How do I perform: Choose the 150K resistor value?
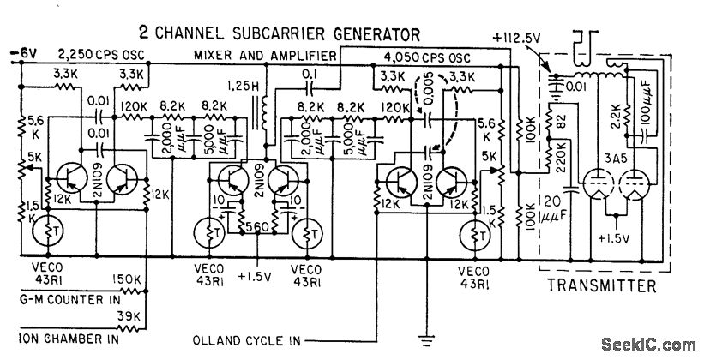coord(130,279)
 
